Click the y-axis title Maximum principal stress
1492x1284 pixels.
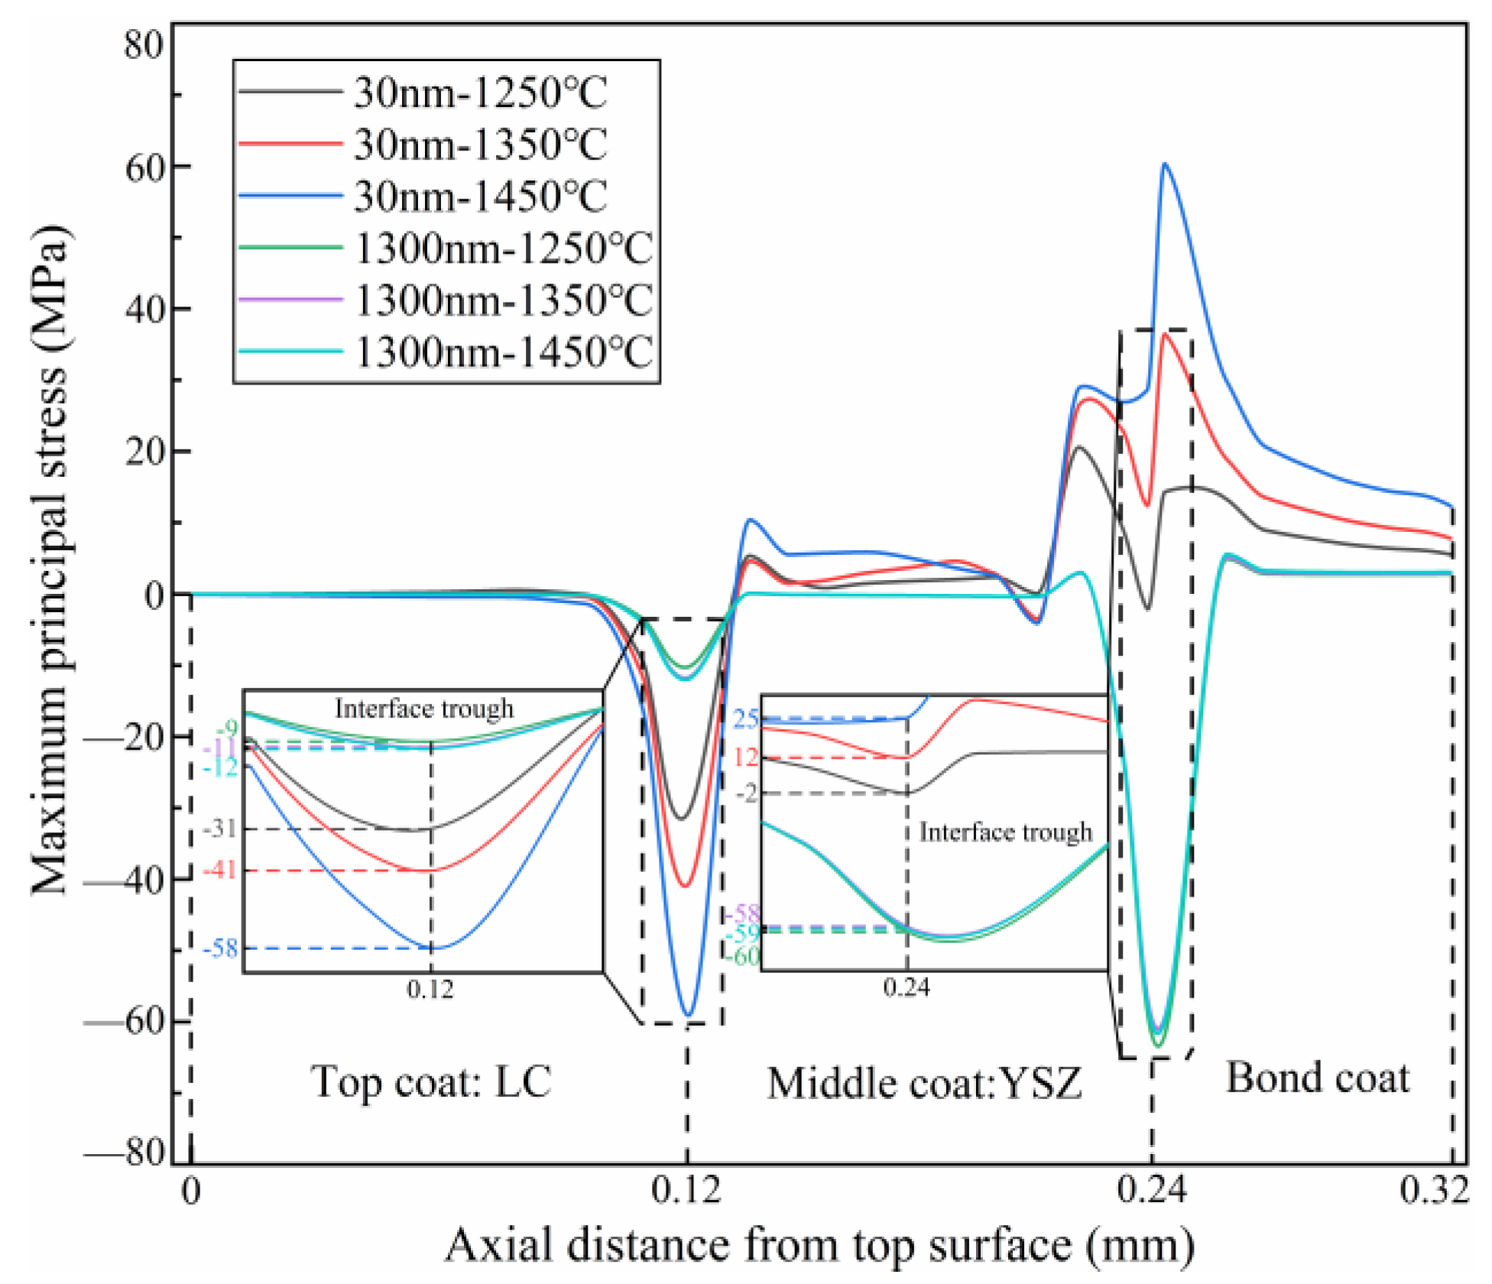click(50, 562)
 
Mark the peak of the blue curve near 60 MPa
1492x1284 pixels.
click(1164, 164)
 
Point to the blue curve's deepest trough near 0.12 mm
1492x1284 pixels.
click(689, 1016)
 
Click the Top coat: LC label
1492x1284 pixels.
click(430, 1081)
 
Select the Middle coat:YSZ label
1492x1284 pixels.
click(924, 1084)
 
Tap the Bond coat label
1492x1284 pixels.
click(1318, 1078)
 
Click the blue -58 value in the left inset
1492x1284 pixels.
click(221, 948)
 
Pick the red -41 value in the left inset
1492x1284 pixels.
click(220, 870)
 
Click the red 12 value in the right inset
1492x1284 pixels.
click(746, 757)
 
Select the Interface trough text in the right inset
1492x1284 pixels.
click(1005, 832)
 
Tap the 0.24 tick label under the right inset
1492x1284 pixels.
click(907, 987)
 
